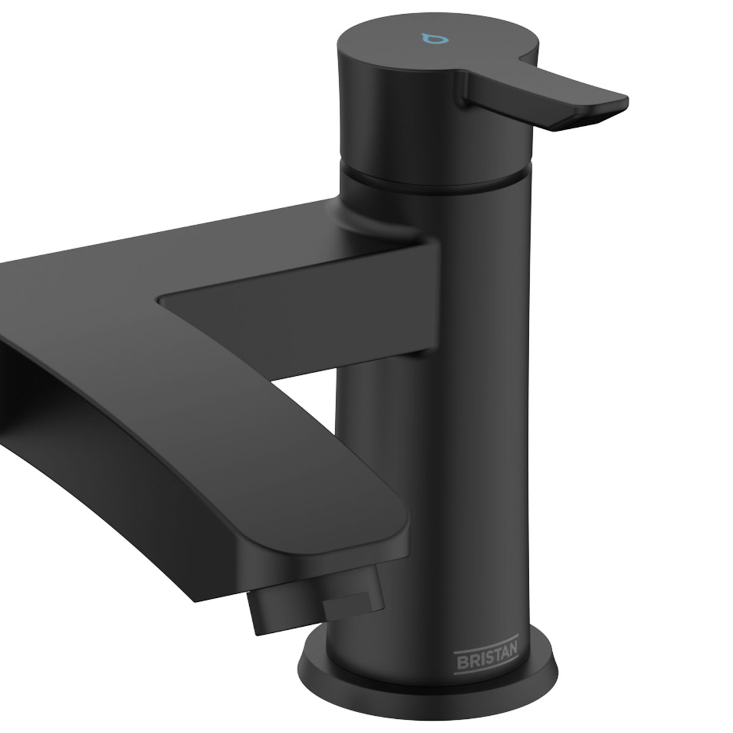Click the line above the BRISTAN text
[486, 646]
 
